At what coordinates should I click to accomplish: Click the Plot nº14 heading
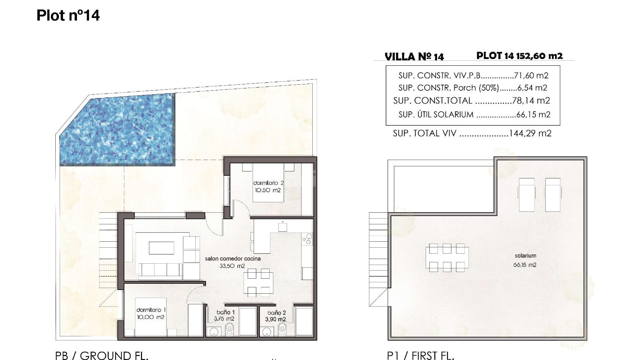68,15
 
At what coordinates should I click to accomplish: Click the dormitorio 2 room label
268,183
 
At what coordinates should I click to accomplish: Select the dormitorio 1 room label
151,310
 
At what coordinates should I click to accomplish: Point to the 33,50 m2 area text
232,266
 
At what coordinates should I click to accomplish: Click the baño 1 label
225,312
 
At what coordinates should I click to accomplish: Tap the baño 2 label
277,313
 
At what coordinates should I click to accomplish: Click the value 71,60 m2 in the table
531,76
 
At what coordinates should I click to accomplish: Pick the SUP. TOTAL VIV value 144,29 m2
530,133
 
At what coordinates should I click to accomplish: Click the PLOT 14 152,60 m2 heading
519,56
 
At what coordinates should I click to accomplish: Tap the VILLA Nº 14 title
414,57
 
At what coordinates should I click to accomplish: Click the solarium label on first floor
525,256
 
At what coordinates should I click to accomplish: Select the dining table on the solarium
447,258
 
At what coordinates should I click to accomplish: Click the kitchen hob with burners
307,239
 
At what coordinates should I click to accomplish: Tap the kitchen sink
283,227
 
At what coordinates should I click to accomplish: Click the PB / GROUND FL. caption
101,355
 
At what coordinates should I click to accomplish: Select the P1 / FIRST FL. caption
420,355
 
